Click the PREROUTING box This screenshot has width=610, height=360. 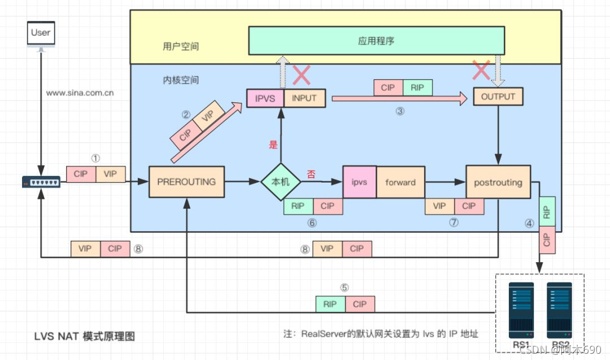pos(186,182)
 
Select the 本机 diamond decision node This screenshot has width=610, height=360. pos(281,182)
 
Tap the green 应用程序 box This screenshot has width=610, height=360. pos(376,41)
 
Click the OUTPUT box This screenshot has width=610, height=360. pos(498,97)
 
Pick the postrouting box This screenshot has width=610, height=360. pos(498,182)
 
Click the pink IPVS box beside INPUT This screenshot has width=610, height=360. pos(265,98)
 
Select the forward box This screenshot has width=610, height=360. pos(400,182)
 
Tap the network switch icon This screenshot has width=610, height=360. pos(41,182)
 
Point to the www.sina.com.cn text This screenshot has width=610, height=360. pos(80,93)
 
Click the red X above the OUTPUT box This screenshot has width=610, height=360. pos(481,71)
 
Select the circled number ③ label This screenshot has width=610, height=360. pos(400,111)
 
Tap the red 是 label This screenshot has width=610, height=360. pos(273,145)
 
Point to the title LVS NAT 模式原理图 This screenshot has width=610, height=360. pos(85,336)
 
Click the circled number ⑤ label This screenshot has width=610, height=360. pos(345,287)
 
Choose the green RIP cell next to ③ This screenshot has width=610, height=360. pos(417,88)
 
